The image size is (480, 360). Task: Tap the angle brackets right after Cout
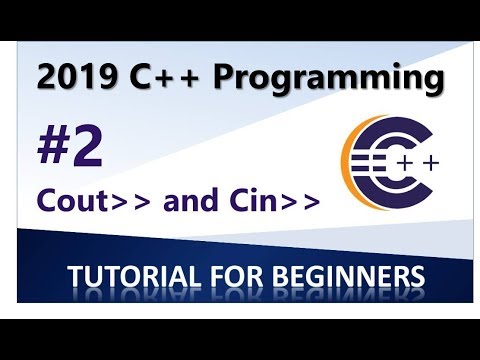tap(125, 201)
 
